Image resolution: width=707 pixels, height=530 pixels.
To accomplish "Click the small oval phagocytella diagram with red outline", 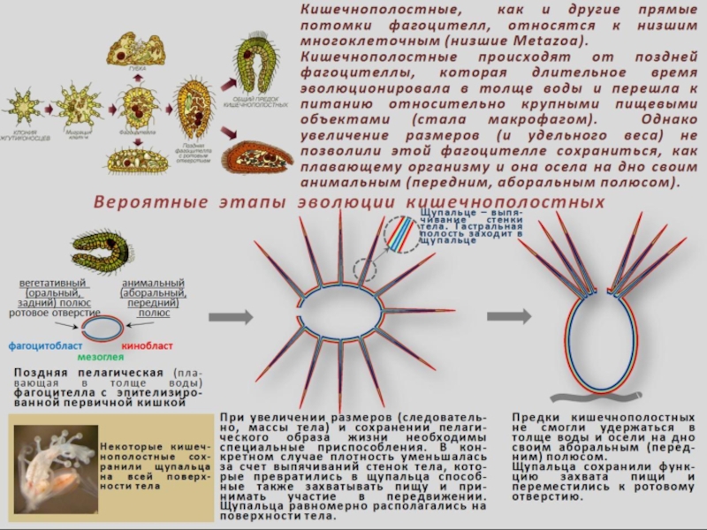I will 103,328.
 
